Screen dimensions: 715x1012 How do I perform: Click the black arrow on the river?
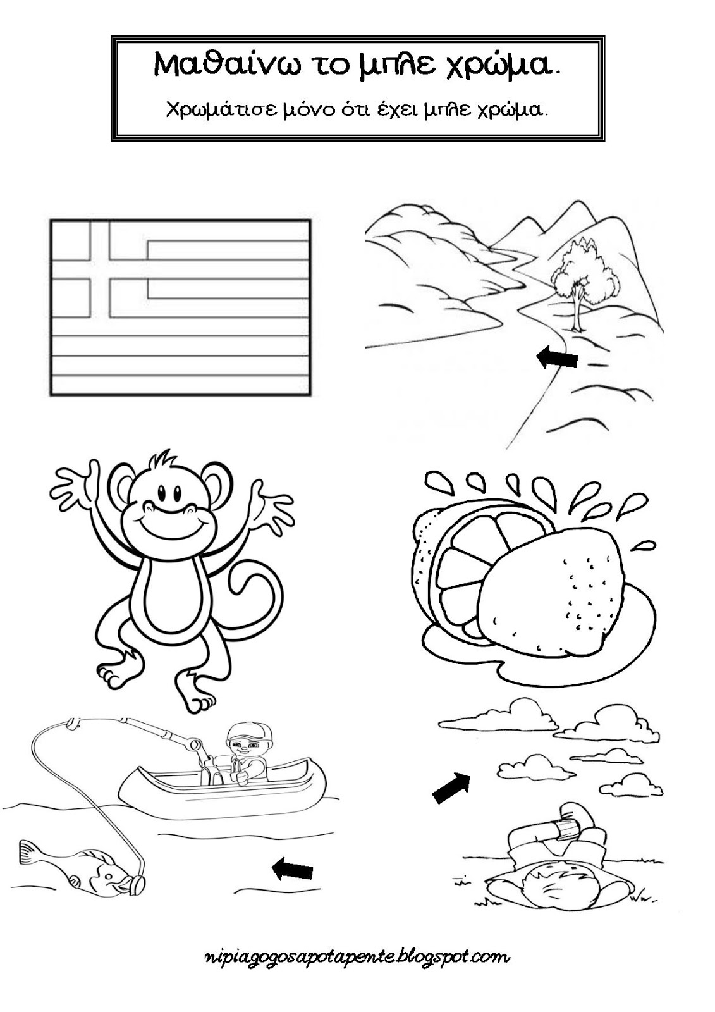[557, 358]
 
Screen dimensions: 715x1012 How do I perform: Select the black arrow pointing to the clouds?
[451, 787]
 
